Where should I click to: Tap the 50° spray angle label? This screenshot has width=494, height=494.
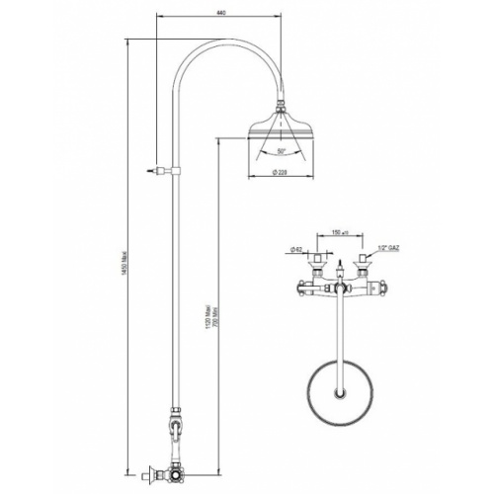pyautogui.click(x=281, y=151)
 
